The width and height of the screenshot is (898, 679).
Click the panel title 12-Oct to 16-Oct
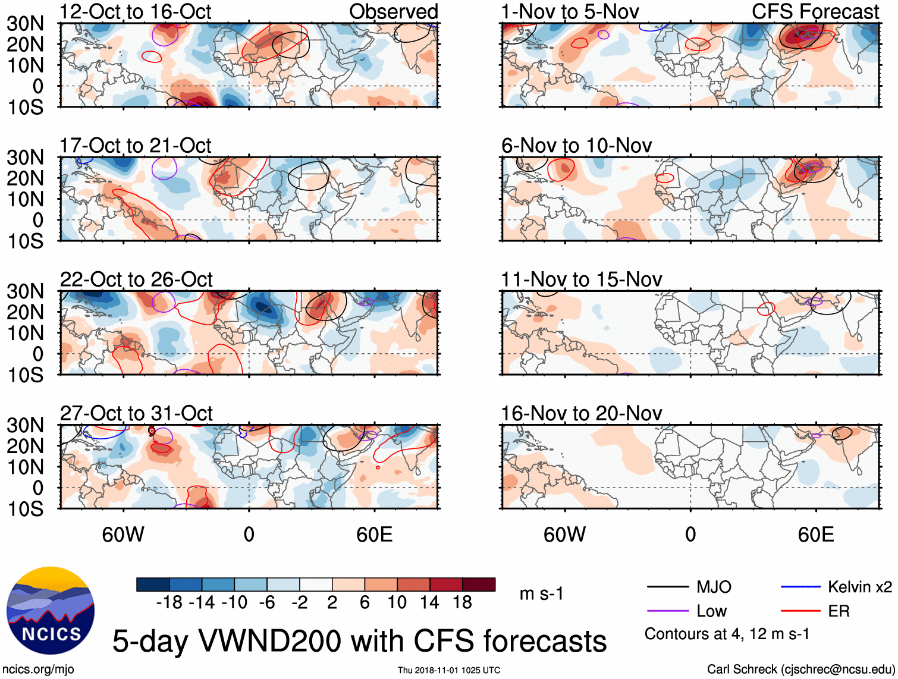click(x=136, y=12)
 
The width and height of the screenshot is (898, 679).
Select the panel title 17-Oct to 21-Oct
click(x=136, y=146)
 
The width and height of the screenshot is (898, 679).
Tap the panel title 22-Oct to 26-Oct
click(x=136, y=279)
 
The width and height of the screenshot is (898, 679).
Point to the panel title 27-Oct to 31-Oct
click(x=136, y=413)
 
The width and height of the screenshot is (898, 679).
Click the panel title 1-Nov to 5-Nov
click(x=570, y=12)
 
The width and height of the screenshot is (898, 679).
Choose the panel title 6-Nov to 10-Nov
click(x=576, y=146)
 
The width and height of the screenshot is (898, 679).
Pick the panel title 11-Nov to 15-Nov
click(x=581, y=279)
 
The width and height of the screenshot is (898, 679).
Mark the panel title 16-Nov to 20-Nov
click(x=581, y=413)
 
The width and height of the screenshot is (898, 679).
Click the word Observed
click(x=393, y=12)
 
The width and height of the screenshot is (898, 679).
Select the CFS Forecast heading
click(x=815, y=12)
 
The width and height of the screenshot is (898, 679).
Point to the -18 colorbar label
click(x=169, y=603)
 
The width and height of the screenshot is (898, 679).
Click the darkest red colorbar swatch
click(x=479, y=584)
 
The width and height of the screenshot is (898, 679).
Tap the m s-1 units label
click(x=541, y=594)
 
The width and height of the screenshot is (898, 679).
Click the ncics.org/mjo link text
click(x=39, y=669)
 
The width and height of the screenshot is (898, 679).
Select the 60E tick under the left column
click(x=374, y=535)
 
